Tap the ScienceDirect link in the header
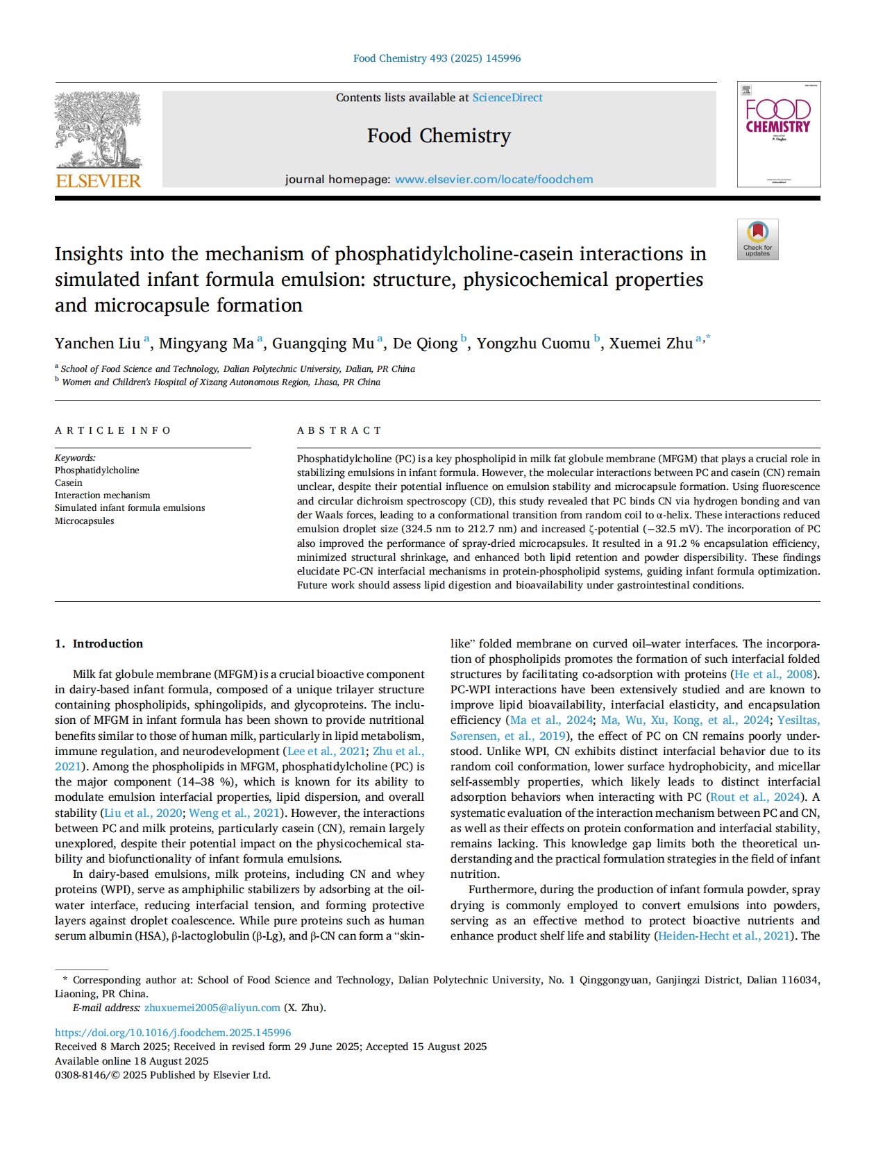(507, 98)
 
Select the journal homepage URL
(494, 180)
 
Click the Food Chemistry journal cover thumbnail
(778, 135)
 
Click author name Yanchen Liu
(98, 344)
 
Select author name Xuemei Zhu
(651, 344)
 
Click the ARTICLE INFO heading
(112, 430)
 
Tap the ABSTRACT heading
(339, 430)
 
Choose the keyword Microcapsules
(85, 521)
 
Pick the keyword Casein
(69, 483)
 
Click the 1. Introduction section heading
(99, 644)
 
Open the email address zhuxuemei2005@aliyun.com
(212, 1008)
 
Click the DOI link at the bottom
(173, 1033)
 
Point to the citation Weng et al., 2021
(234, 813)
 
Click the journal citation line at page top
(437, 58)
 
